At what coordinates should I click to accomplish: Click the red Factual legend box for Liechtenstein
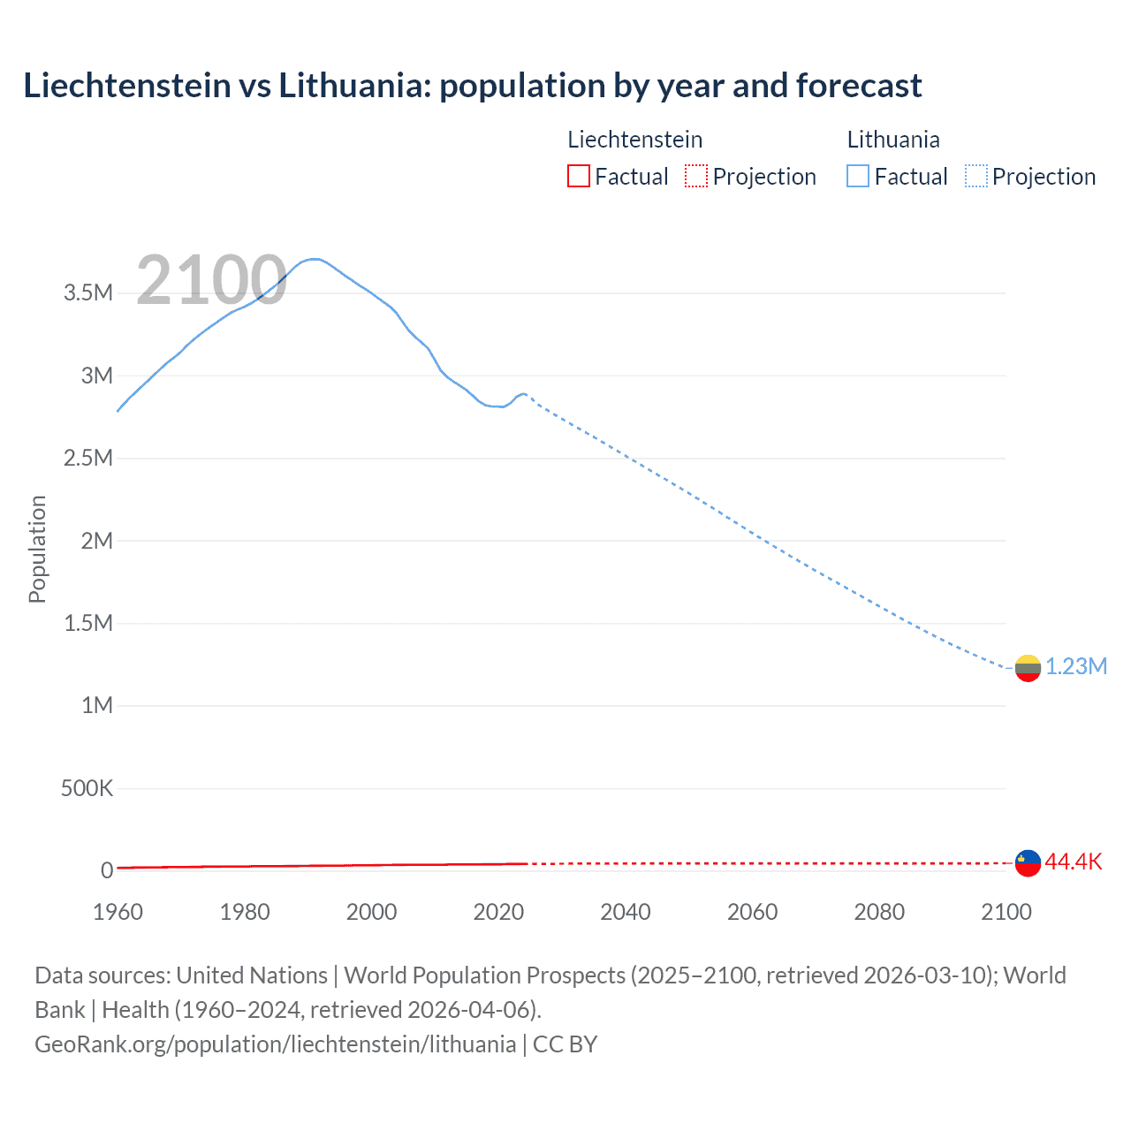pos(578,177)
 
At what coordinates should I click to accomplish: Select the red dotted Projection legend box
pos(696,177)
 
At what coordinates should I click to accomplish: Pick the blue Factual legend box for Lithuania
pos(858,177)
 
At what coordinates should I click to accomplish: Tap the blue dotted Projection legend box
pos(976,177)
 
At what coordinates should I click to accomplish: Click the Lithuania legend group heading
pos(893,140)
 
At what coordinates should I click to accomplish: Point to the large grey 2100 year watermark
pos(211,280)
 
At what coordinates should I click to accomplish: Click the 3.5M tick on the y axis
pos(88,293)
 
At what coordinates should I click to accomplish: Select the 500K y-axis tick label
pos(87,788)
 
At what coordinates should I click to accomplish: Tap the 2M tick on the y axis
pos(96,541)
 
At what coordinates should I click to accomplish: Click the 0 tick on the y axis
pos(107,870)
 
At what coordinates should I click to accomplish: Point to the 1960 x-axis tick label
pos(118,912)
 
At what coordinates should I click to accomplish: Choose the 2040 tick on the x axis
pos(626,912)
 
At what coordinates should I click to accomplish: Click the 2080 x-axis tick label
pos(879,912)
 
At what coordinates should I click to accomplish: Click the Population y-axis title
pos(37,549)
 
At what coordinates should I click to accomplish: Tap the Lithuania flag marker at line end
pos(1028,668)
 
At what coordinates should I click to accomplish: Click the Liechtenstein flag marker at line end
pos(1028,862)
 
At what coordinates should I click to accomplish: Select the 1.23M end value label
pos(1076,666)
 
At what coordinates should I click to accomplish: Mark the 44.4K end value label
pos(1074,862)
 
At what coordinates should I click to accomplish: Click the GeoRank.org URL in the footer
pos(275,1044)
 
